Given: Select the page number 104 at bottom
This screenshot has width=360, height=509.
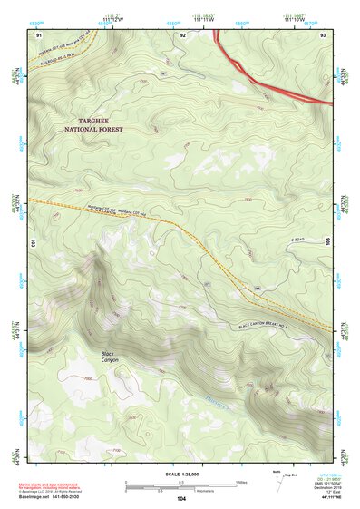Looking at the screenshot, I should (x=180, y=499).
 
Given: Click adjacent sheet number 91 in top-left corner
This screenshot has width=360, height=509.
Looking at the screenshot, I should (x=38, y=34).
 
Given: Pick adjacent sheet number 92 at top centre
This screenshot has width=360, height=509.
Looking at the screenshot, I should (x=182, y=34).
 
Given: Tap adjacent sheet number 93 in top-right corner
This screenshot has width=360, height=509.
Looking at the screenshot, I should (x=323, y=34).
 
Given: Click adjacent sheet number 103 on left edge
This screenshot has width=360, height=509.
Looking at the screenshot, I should (x=30, y=244).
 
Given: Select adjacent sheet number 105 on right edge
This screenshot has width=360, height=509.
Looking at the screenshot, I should (x=329, y=244).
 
